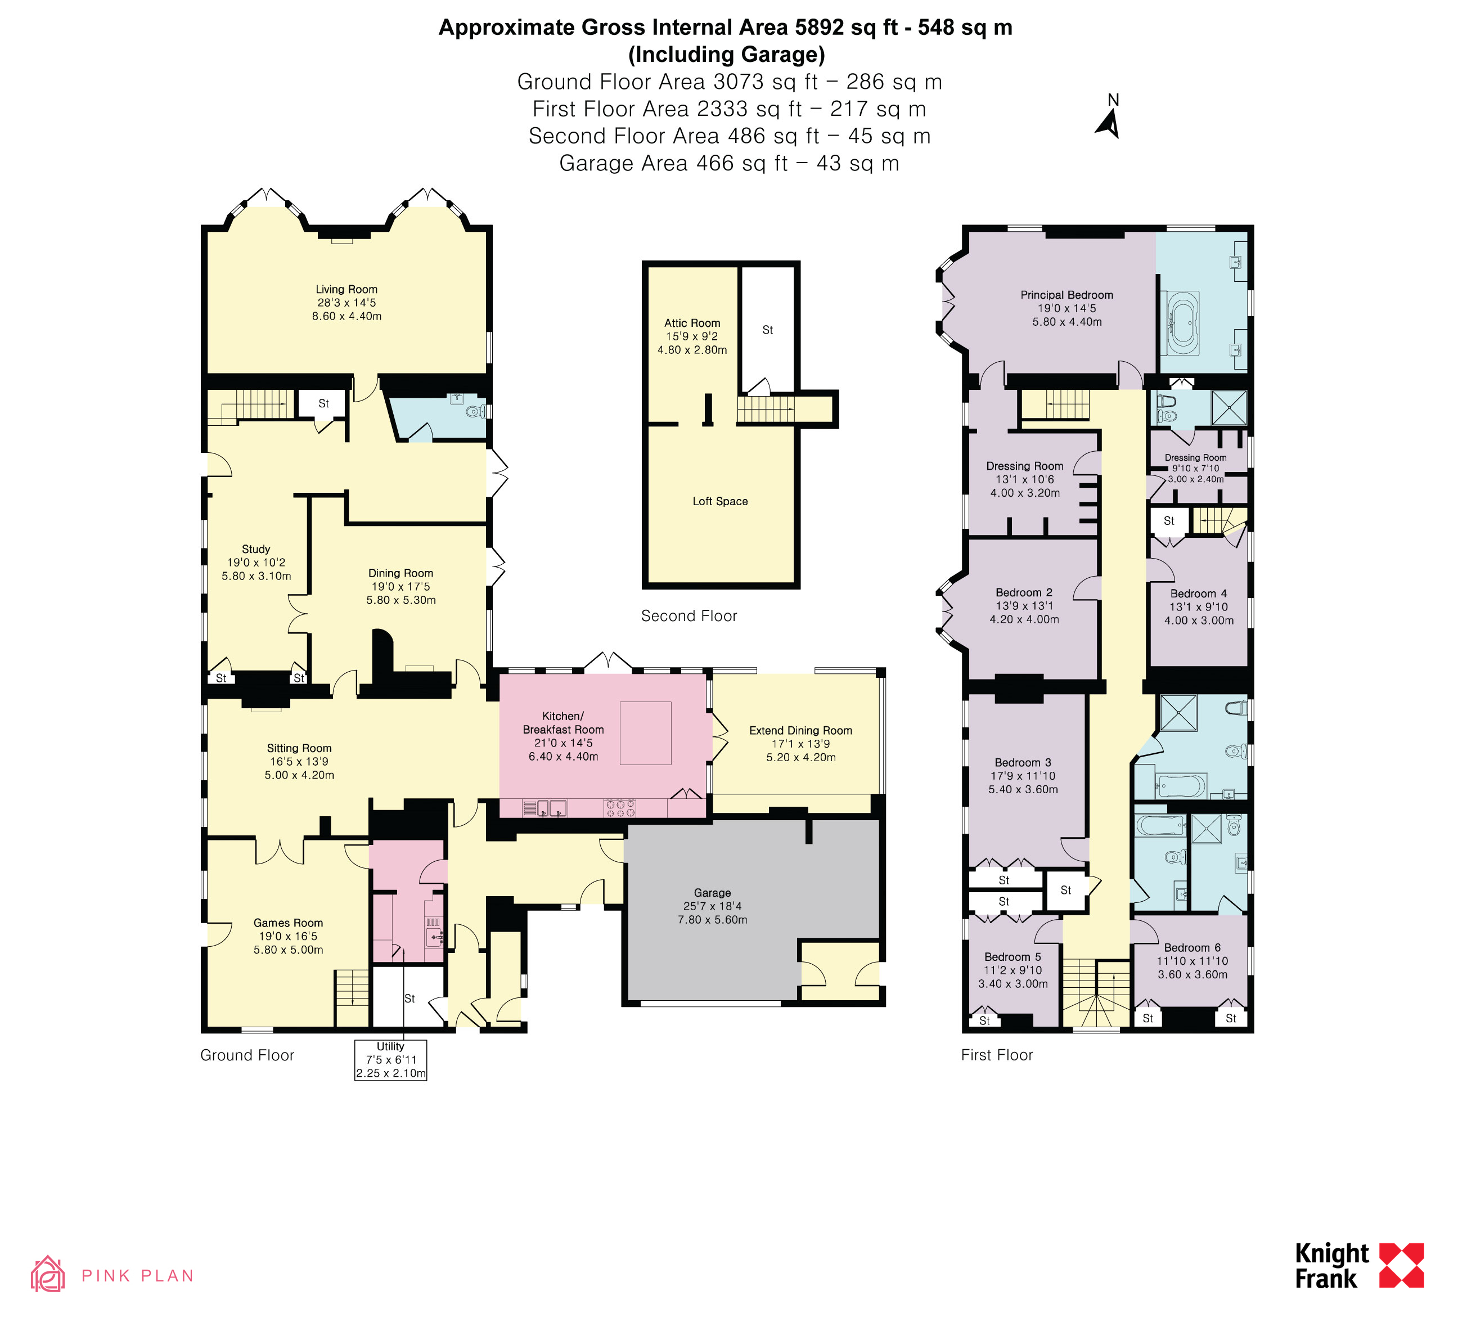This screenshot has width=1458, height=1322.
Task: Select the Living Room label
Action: pyautogui.click(x=346, y=289)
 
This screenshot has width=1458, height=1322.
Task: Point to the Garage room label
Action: pyautogui.click(x=712, y=892)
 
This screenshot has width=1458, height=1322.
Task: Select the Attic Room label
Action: pyautogui.click(x=692, y=323)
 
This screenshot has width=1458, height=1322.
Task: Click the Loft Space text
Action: pyautogui.click(x=721, y=501)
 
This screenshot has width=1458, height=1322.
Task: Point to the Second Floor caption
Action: pyautogui.click(x=688, y=615)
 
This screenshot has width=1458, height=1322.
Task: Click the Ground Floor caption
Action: pyautogui.click(x=247, y=1055)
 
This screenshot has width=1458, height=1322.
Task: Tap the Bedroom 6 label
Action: pyautogui.click(x=1192, y=947)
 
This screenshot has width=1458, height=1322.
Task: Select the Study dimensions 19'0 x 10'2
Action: pyautogui.click(x=256, y=563)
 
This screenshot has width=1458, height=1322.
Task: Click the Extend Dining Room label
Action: pyautogui.click(x=800, y=730)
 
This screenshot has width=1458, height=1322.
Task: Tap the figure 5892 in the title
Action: pyautogui.click(x=820, y=28)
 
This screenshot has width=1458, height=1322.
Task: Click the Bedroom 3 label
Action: pyautogui.click(x=1023, y=762)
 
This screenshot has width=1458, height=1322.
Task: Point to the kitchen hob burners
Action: pyautogui.click(x=620, y=808)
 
